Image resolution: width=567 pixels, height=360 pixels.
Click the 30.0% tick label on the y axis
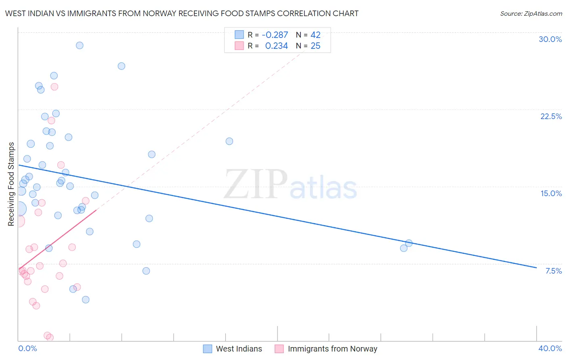(550, 39)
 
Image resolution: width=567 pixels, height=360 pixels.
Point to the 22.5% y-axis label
(551, 116)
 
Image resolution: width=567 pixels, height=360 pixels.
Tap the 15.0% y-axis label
(551, 193)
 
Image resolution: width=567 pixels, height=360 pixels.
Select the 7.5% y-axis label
(553, 271)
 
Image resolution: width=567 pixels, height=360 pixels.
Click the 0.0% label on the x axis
(27, 348)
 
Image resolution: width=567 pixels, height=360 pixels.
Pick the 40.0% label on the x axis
(550, 348)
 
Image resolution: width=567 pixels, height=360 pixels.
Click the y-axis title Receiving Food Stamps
(11, 184)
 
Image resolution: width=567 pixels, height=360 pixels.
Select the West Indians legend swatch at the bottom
(207, 349)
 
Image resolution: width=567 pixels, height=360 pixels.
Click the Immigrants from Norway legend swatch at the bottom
(279, 349)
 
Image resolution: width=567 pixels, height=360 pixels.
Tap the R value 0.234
(276, 46)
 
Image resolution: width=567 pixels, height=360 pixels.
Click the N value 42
(315, 35)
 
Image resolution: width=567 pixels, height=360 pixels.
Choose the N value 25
(315, 46)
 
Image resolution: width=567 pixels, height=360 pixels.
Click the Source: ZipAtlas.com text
(531, 14)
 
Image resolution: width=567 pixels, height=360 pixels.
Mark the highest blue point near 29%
(80, 45)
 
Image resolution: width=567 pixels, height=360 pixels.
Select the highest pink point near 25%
(54, 87)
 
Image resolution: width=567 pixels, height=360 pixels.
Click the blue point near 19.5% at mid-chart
(229, 141)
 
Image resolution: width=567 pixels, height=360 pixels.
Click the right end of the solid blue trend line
(536, 268)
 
